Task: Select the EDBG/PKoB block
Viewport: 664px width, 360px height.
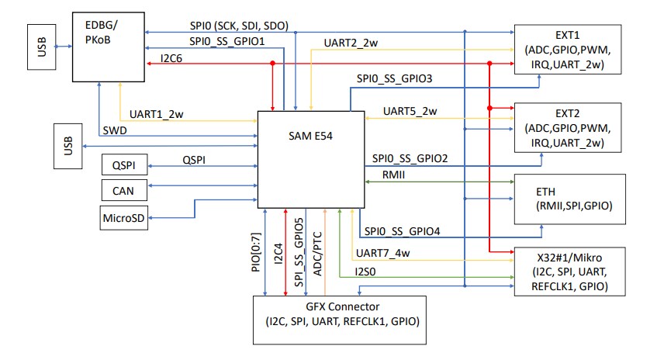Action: tap(109, 47)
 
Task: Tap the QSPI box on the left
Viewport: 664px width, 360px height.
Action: tap(124, 164)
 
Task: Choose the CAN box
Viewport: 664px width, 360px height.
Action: tap(124, 189)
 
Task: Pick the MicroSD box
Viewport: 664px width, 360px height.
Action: tap(124, 217)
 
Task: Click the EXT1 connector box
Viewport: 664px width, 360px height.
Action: tap(569, 50)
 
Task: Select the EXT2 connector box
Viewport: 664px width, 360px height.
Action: tap(569, 127)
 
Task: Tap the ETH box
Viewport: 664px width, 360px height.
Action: tap(569, 198)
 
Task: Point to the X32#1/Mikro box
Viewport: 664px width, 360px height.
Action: tap(569, 272)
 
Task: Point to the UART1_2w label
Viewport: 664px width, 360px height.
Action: tap(158, 113)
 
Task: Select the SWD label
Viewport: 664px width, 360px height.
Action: tap(115, 131)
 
